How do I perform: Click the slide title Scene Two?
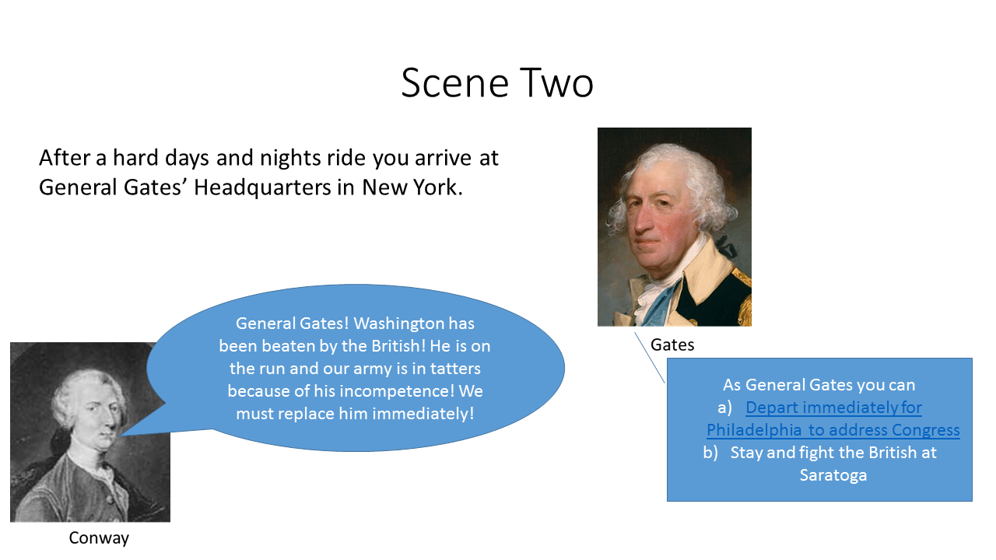[497, 82]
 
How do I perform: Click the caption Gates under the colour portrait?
[672, 345]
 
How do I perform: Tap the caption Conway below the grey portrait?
[99, 538]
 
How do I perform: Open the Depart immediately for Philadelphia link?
[833, 418]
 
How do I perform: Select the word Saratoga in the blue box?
[833, 475]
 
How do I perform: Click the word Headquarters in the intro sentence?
[262, 187]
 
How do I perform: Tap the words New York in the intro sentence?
[412, 187]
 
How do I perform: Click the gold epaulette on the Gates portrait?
[742, 285]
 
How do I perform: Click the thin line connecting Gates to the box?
[650, 358]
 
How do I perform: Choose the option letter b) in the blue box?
[710, 453]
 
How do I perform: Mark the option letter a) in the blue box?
[724, 408]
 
